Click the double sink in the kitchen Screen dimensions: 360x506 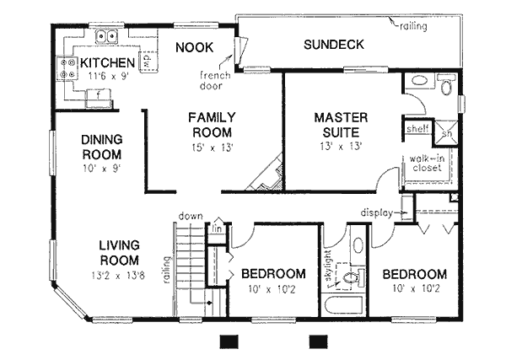coord(105,37)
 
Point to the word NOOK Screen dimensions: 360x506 coord(194,47)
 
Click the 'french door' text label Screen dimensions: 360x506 coord(214,79)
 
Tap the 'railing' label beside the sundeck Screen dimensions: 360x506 coord(413,26)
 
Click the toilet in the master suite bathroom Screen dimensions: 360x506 coord(444,84)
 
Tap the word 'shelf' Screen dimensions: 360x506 coord(417,129)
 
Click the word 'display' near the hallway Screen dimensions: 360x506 coord(377,212)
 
